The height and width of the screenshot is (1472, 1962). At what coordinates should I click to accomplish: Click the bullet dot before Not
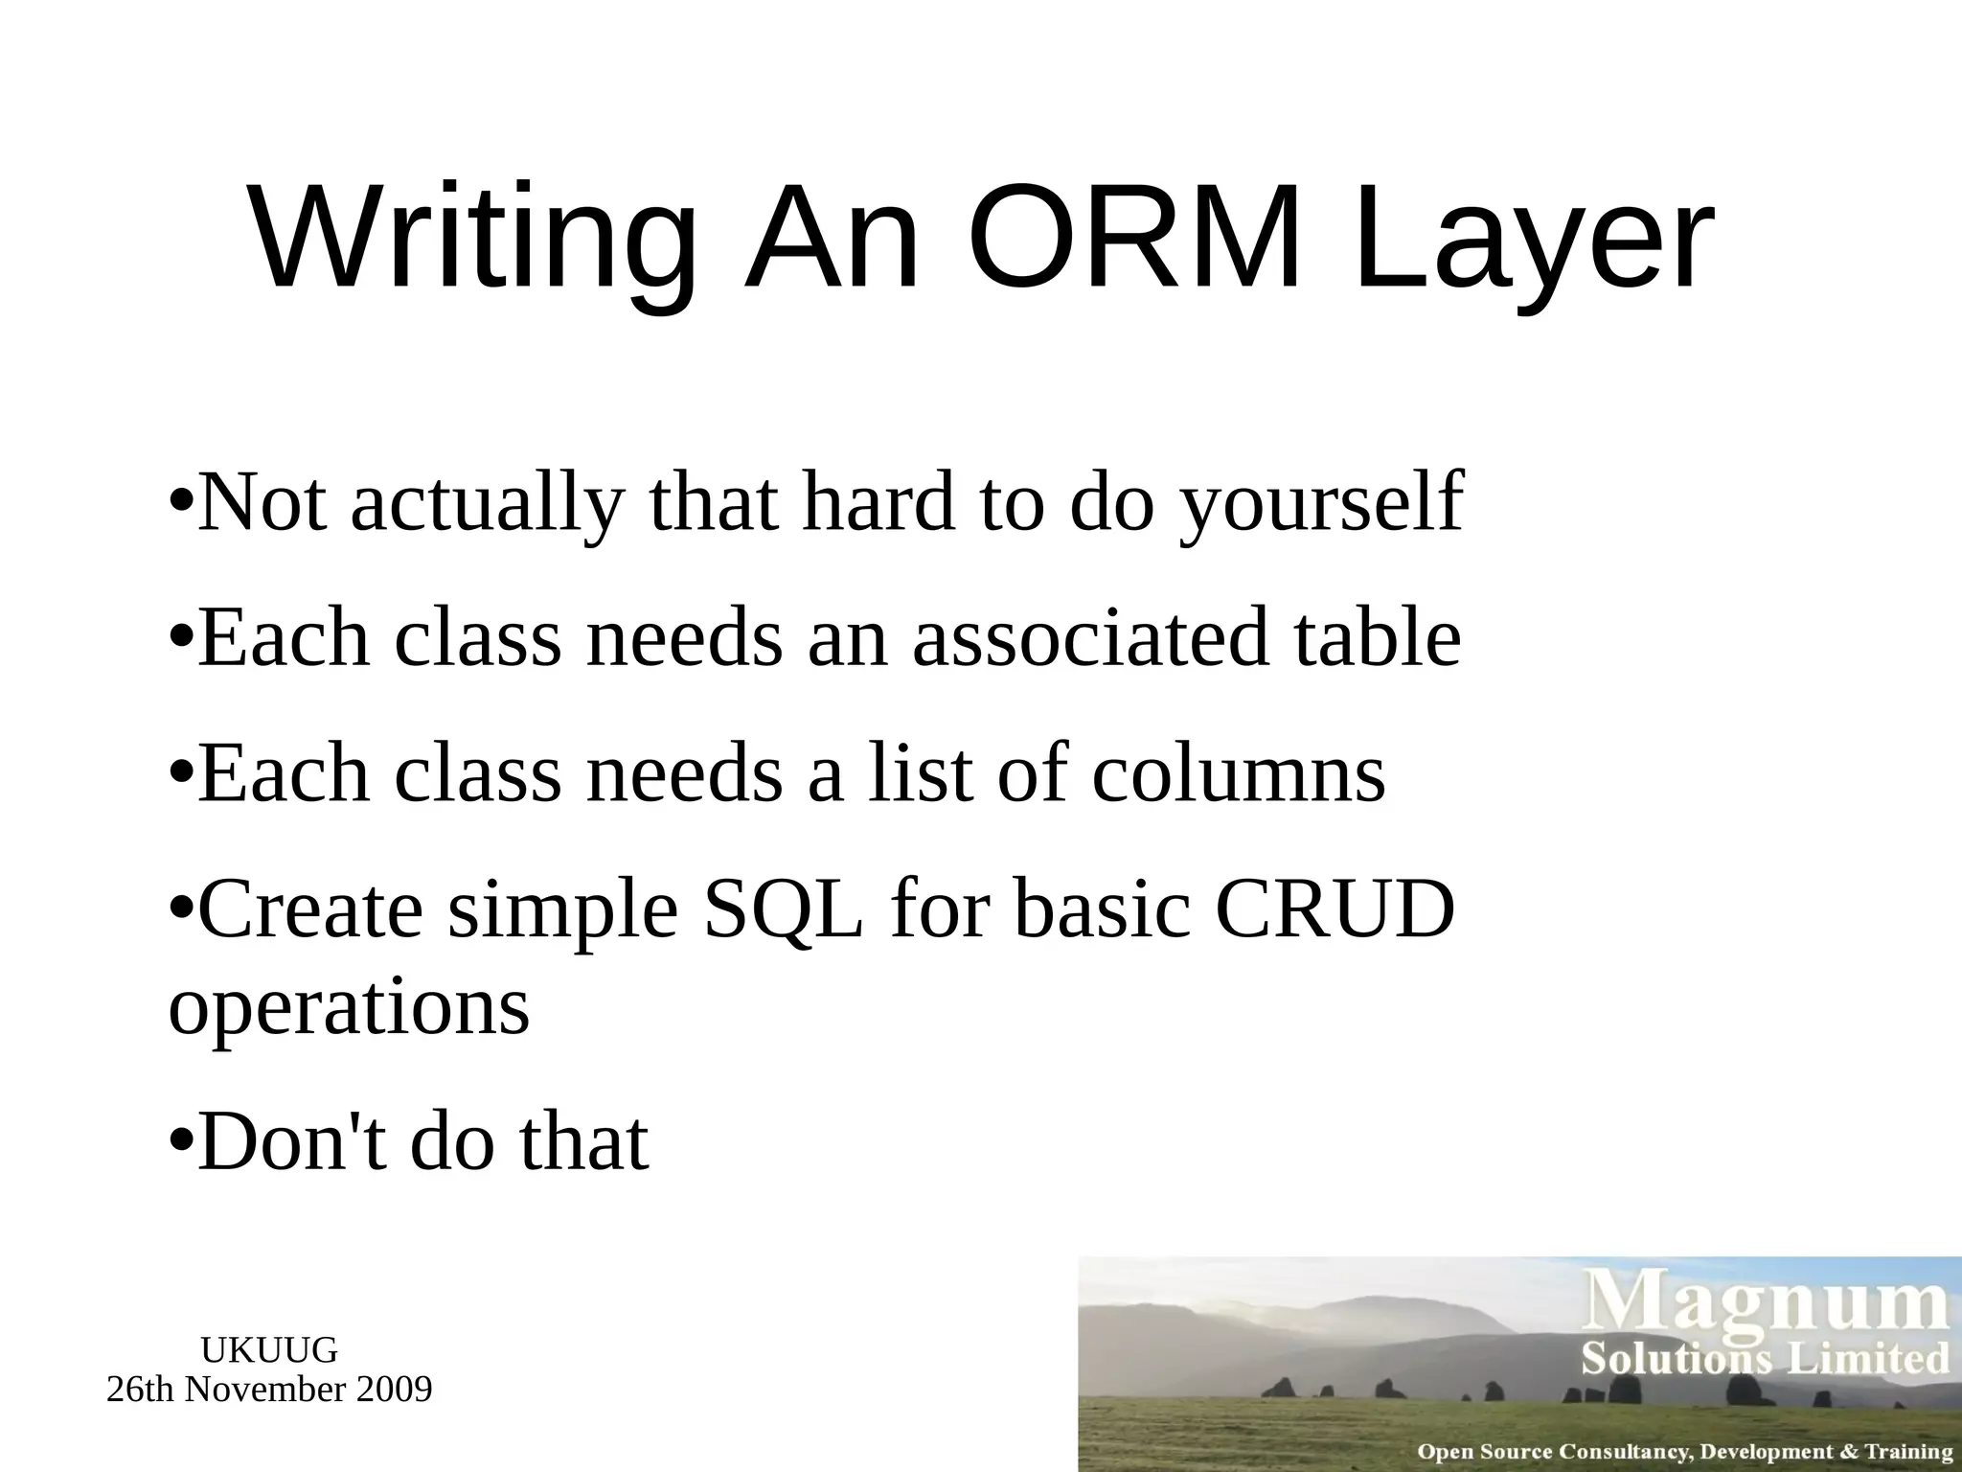[x=181, y=501]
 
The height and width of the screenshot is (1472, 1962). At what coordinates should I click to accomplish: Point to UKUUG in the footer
[x=269, y=1350]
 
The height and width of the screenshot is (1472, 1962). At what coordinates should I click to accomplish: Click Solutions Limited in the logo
[x=1766, y=1359]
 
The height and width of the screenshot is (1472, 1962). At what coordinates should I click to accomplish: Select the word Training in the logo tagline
[x=1907, y=1452]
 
